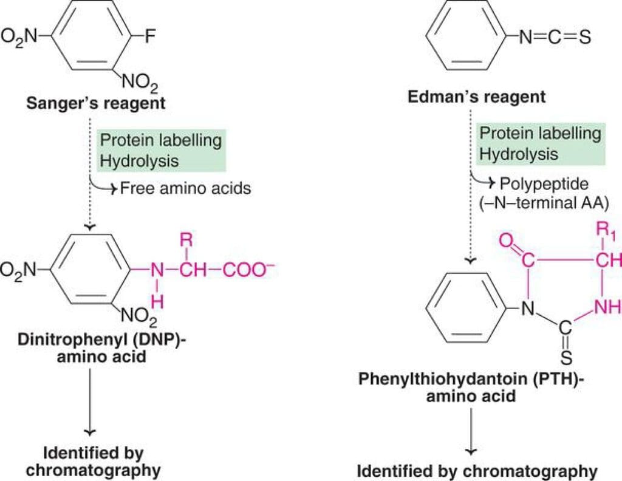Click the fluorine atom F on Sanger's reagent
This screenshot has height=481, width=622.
(x=150, y=36)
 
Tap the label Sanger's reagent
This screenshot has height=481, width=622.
(x=95, y=103)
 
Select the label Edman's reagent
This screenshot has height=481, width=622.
(x=476, y=97)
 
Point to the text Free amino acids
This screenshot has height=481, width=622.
(x=185, y=188)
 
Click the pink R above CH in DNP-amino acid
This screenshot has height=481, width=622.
(x=186, y=240)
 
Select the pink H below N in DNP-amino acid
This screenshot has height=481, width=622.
(x=157, y=302)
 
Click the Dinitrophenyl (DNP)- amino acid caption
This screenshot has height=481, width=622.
(x=101, y=348)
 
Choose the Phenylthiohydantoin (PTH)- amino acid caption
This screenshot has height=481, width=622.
(x=471, y=387)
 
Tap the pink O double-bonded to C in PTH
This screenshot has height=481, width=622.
(x=506, y=241)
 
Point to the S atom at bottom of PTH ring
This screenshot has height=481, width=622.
(x=567, y=358)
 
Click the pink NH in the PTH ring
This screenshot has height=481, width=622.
(x=607, y=306)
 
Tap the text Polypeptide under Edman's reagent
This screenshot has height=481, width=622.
(x=544, y=183)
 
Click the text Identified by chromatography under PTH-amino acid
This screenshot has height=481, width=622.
(x=477, y=471)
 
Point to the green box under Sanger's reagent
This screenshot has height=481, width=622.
(x=162, y=150)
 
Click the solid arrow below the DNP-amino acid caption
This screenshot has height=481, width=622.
(x=90, y=402)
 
